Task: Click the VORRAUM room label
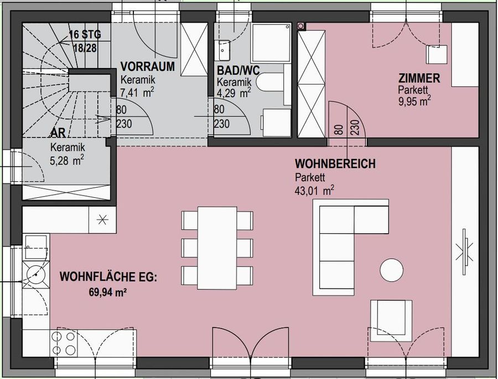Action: click(x=148, y=67)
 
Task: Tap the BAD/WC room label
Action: click(x=238, y=71)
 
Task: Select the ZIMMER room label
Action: click(x=419, y=78)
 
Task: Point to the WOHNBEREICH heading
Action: click(x=335, y=164)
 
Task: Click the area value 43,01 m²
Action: click(x=314, y=191)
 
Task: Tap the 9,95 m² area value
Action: click(x=414, y=101)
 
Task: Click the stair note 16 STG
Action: click(x=82, y=35)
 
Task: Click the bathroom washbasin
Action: click(x=224, y=49)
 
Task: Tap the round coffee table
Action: click(x=392, y=270)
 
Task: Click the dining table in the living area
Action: click(x=217, y=248)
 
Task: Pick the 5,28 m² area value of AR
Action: click(x=67, y=160)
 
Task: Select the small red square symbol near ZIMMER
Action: click(x=301, y=25)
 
